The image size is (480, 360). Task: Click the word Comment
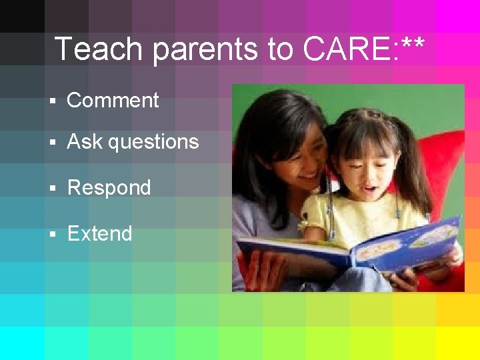pos(113,101)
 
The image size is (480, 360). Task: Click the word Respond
pos(109,188)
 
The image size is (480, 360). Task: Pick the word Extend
pos(99,234)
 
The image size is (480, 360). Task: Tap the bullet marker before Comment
pos(53,102)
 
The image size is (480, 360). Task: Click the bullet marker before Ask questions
pos(53,143)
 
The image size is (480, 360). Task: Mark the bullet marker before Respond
pos(53,189)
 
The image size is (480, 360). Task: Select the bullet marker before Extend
pos(53,235)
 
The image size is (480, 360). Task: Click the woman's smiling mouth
pos(307,178)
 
